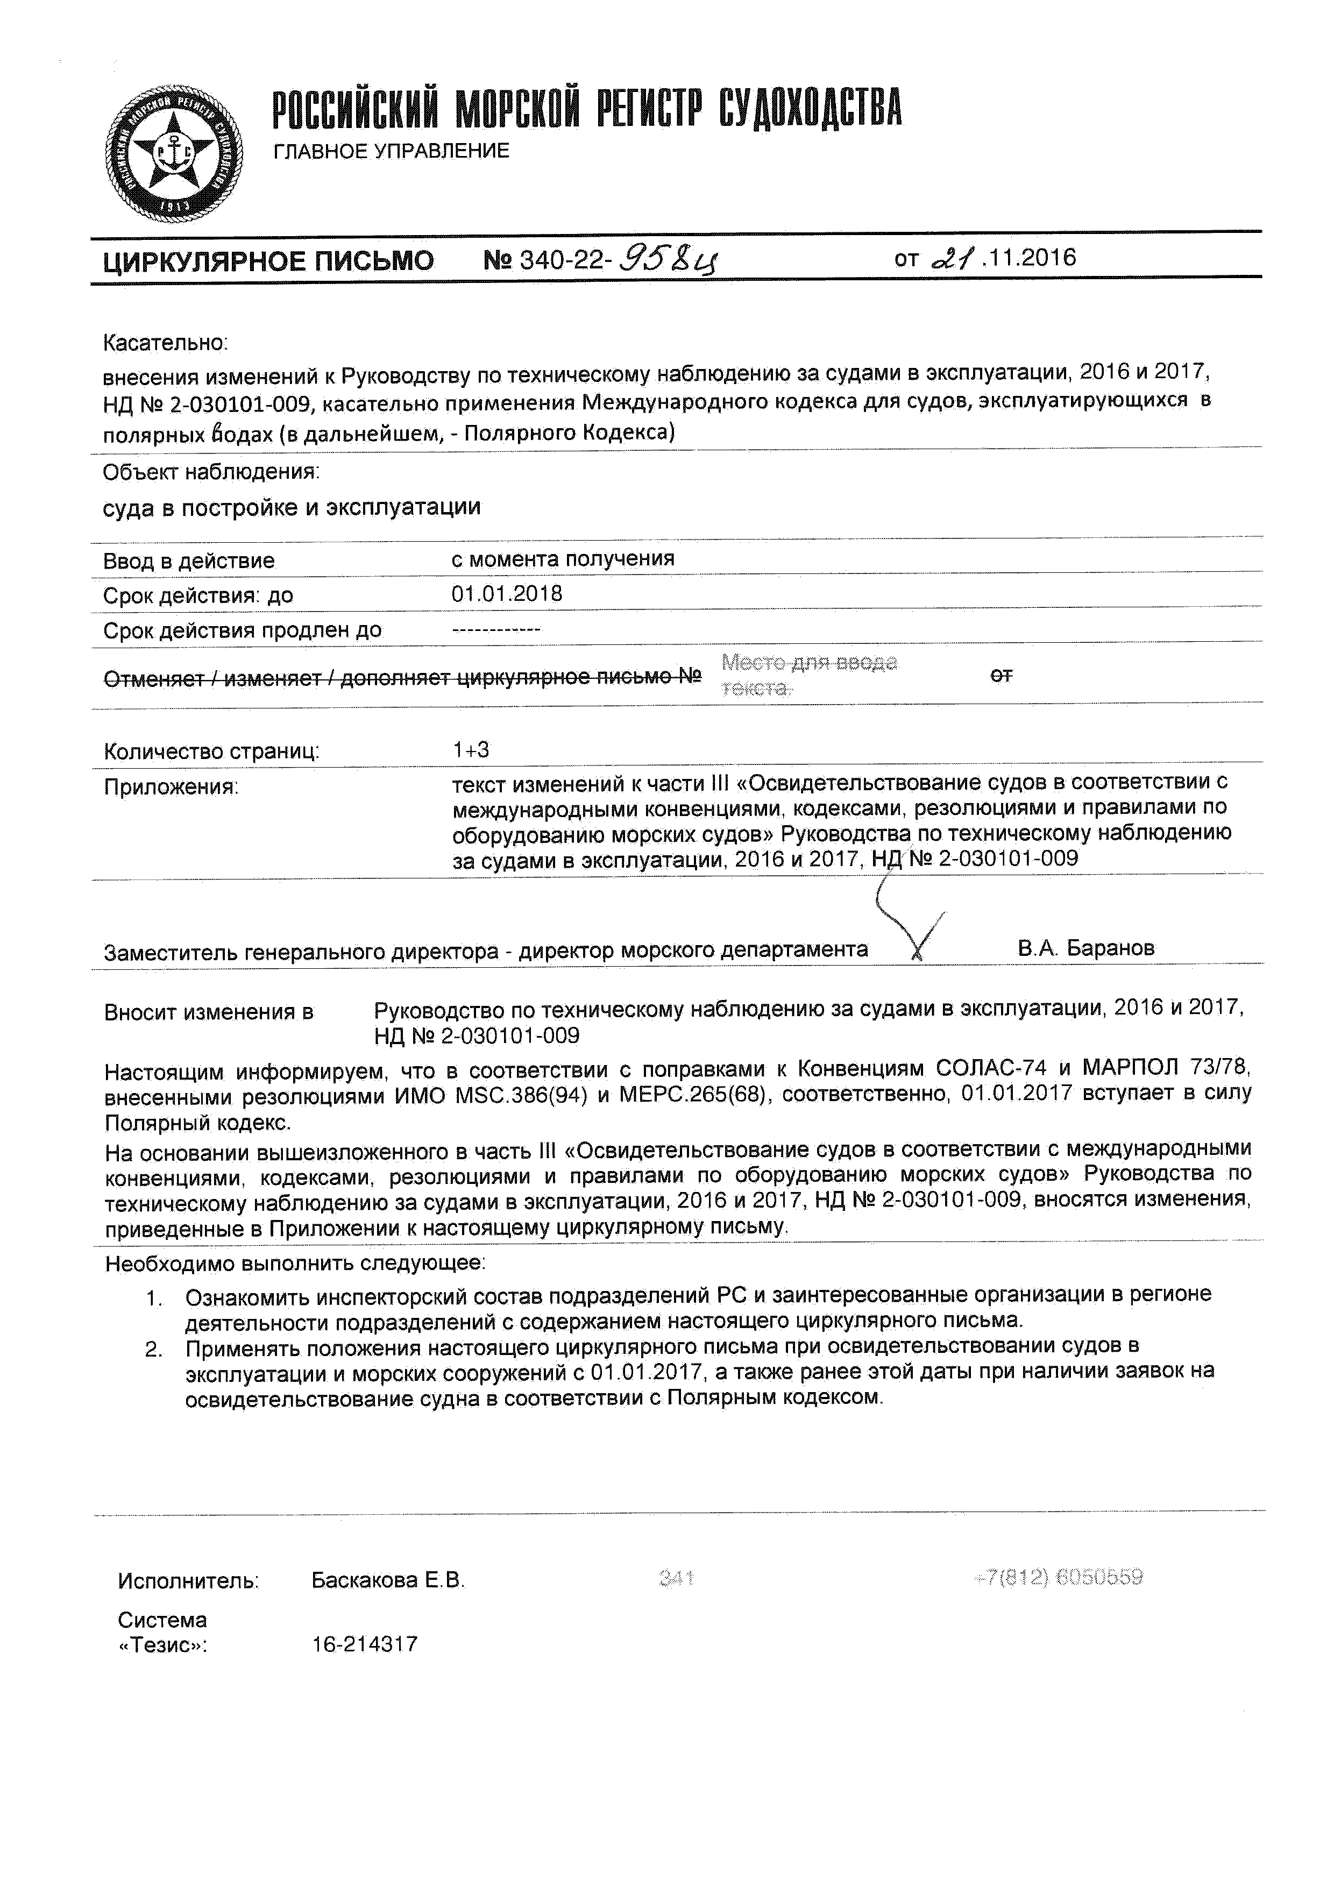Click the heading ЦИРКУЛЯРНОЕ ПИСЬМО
point(268,261)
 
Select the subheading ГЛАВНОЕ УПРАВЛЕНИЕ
point(391,151)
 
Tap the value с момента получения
point(562,559)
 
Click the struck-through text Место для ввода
point(809,662)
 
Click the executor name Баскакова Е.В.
point(388,1580)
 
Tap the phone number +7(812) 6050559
point(1059,1577)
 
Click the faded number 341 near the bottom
point(677,1578)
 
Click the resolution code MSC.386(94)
point(521,1096)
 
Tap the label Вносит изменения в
point(209,1012)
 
